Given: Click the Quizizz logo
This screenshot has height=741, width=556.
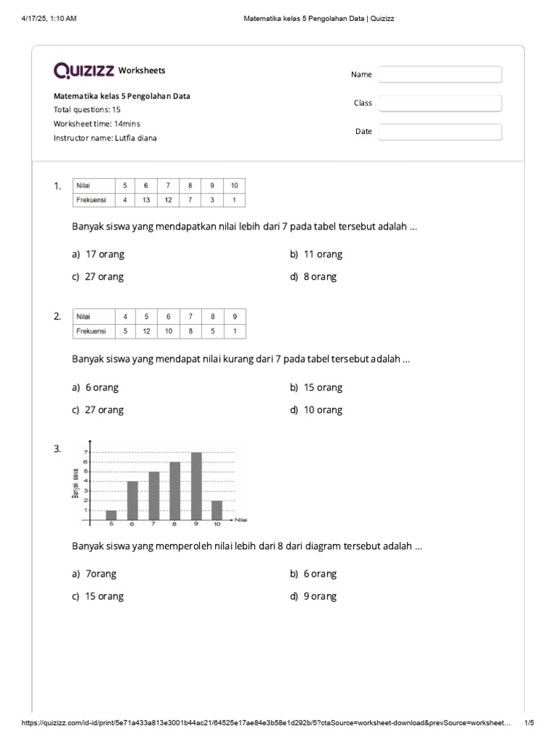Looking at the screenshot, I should [x=84, y=70].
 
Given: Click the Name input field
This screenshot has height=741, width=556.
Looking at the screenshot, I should [x=440, y=75].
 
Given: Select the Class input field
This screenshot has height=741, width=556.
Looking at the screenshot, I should [x=440, y=103].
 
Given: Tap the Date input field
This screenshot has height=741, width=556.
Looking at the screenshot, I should [x=440, y=132].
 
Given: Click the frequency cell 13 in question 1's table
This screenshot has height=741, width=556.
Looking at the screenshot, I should [x=146, y=200].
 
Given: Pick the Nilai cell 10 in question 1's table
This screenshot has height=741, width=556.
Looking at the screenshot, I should [x=234, y=185].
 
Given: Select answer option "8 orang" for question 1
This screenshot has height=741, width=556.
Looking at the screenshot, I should [x=319, y=276].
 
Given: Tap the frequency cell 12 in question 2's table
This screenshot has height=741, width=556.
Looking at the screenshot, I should [x=146, y=331].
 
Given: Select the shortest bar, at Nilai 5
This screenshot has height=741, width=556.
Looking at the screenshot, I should [x=111, y=515].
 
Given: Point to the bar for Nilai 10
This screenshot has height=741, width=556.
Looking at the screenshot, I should [x=216, y=510].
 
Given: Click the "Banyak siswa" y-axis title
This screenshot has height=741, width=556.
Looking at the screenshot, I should [x=75, y=483].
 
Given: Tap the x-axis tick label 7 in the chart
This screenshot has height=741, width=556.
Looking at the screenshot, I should [x=153, y=524].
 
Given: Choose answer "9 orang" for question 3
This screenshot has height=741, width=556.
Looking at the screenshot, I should [x=319, y=596].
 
